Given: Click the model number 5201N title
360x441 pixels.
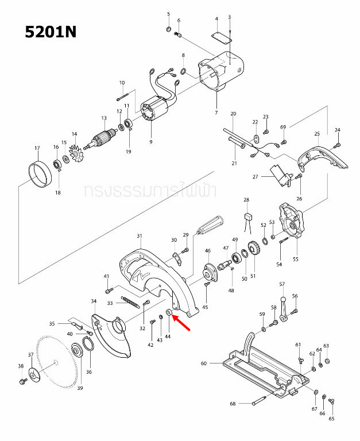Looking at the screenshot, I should [x=51, y=32].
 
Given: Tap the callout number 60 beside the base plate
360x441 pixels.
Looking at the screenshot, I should [x=203, y=363].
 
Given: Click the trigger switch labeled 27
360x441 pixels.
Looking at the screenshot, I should [x=281, y=175].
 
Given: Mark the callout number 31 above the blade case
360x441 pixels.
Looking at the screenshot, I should [x=139, y=236].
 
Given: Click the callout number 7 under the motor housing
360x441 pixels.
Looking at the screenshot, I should [x=216, y=112].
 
